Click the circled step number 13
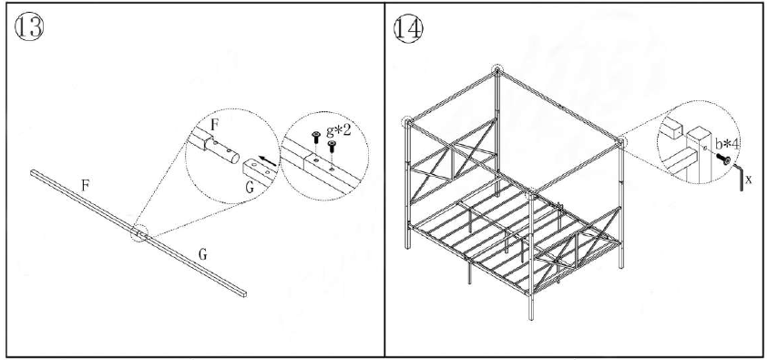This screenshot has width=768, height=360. click(28, 26)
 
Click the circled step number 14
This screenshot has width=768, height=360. click(407, 26)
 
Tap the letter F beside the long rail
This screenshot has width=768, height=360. click(85, 185)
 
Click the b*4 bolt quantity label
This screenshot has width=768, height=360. click(728, 143)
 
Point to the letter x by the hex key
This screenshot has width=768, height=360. click(748, 180)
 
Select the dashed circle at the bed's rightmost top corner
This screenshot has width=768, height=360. click(621, 141)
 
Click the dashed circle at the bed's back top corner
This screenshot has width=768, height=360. click(497, 70)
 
